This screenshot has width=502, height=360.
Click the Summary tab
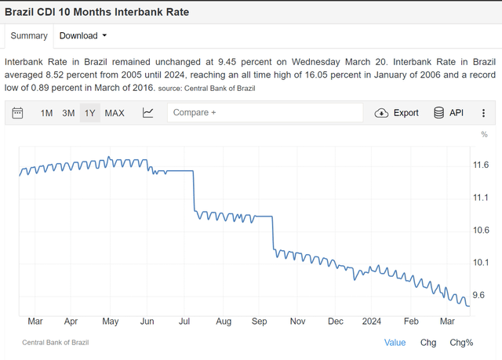pyautogui.click(x=29, y=35)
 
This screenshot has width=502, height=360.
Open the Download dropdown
pyautogui.click(x=82, y=35)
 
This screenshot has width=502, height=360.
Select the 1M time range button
pyautogui.click(x=46, y=113)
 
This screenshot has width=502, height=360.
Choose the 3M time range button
pyautogui.click(x=68, y=113)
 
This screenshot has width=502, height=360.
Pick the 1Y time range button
pyautogui.click(x=90, y=113)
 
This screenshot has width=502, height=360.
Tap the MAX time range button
pyautogui.click(x=115, y=113)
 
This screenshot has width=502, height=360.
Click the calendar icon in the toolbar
pyautogui.click(x=19, y=113)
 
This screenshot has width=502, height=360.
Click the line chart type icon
pyautogui.click(x=148, y=113)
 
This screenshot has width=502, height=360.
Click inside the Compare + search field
pyautogui.click(x=264, y=113)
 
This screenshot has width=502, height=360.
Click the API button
pyautogui.click(x=449, y=113)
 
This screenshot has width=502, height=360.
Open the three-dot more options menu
pyautogui.click(x=483, y=113)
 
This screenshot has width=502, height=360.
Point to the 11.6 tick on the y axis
pyautogui.click(x=481, y=165)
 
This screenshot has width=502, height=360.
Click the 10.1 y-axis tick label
pyautogui.click(x=481, y=262)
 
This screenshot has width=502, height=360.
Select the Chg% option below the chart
pyautogui.click(x=461, y=343)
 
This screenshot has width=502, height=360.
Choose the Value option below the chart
pyautogui.click(x=395, y=343)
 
